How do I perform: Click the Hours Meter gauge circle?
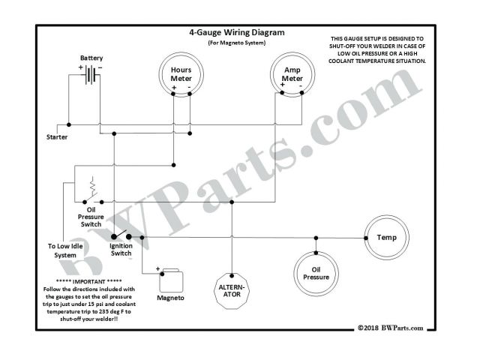pyautogui.click(x=181, y=75)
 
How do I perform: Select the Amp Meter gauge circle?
pyautogui.click(x=292, y=75)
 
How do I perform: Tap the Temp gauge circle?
pyautogui.click(x=386, y=238)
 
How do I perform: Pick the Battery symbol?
pyautogui.click(x=91, y=74)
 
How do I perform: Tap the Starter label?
pyautogui.click(x=57, y=137)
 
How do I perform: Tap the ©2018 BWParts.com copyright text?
pyautogui.click(x=390, y=327)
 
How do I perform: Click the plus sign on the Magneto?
pyautogui.click(x=158, y=268)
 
